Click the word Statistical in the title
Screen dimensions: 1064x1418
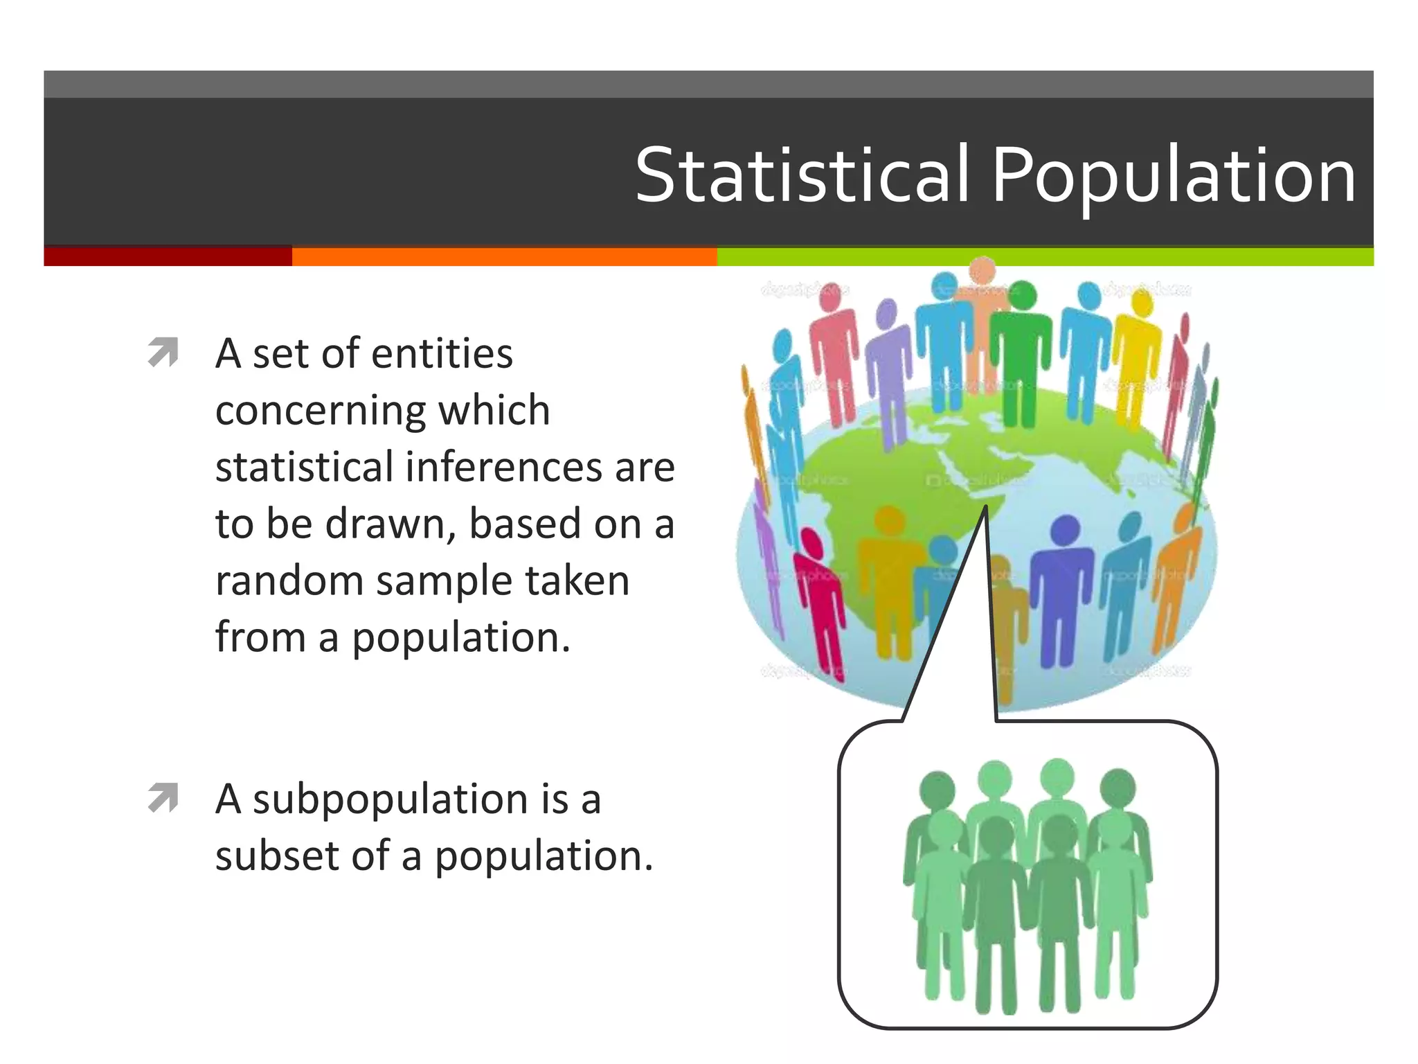pyautogui.click(x=802, y=176)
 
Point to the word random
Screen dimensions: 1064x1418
pyautogui.click(x=289, y=580)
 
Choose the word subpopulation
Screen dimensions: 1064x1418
pyautogui.click(x=391, y=799)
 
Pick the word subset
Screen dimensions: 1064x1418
pyautogui.click(x=277, y=856)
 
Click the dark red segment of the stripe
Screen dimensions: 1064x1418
pyautogui.click(x=168, y=256)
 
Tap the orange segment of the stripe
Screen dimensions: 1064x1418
pyautogui.click(x=504, y=256)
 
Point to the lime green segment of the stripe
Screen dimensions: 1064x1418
pyautogui.click(x=1044, y=256)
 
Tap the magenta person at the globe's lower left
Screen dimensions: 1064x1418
pyautogui.click(x=820, y=596)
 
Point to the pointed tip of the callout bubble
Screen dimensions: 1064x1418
pyautogui.click(x=985, y=508)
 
